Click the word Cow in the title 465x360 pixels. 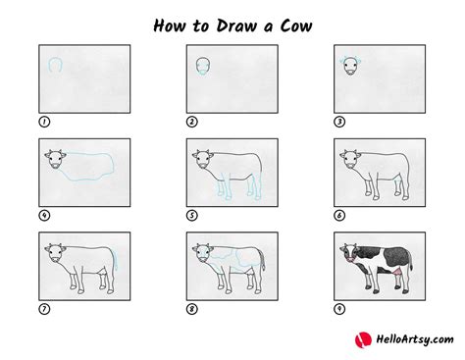click(x=296, y=26)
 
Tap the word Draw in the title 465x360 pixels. click(x=236, y=26)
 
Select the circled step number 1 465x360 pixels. click(x=44, y=122)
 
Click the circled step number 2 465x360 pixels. click(x=192, y=122)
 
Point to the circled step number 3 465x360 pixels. click(x=339, y=122)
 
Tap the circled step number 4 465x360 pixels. click(x=44, y=216)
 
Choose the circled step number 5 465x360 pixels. click(x=192, y=216)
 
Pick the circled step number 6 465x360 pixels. click(x=339, y=216)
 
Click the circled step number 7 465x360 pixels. click(x=44, y=309)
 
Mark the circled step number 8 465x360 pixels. click(x=192, y=309)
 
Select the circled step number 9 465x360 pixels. click(x=339, y=309)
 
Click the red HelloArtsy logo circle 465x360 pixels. click(x=363, y=339)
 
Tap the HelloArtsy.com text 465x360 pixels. click(x=415, y=339)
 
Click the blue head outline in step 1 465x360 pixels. click(x=49, y=63)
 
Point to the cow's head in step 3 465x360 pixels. click(x=350, y=66)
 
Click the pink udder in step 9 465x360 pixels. click(x=397, y=272)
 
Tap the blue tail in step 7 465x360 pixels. click(x=115, y=260)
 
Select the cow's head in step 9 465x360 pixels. click(x=349, y=253)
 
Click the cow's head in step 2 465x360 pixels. click(x=203, y=67)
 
